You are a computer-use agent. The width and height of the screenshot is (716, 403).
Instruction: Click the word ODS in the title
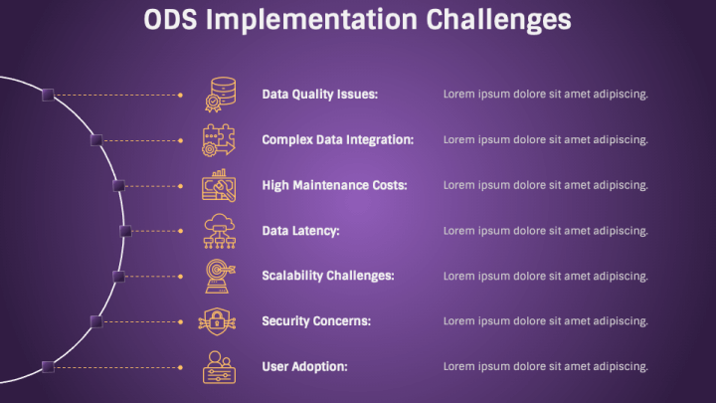click(x=170, y=20)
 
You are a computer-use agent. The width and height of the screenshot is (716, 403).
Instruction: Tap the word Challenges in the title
click(x=498, y=21)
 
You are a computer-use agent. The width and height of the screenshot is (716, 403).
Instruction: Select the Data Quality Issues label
click(x=319, y=95)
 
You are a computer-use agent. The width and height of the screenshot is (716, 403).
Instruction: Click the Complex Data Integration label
click(x=337, y=140)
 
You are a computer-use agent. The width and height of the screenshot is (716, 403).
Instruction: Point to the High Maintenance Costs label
click(x=334, y=185)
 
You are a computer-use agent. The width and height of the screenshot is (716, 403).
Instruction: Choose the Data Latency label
click(x=300, y=231)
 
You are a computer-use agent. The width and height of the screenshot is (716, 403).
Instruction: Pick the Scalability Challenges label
click(x=328, y=276)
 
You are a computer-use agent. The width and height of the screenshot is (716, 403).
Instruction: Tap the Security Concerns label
click(x=316, y=321)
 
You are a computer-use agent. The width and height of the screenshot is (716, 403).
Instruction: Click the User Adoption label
click(x=304, y=366)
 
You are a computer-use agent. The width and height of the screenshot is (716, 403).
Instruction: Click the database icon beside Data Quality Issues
click(x=220, y=95)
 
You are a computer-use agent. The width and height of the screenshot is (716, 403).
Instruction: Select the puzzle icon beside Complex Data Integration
click(x=219, y=140)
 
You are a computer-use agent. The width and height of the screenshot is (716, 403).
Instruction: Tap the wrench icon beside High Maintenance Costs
click(x=219, y=185)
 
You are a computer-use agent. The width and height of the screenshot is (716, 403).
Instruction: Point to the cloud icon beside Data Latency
click(x=220, y=231)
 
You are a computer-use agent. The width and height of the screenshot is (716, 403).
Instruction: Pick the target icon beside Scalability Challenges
click(x=220, y=276)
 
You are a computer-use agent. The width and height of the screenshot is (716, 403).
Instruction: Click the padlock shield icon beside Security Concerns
click(x=217, y=321)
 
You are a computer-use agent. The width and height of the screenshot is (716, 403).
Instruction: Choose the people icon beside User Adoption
click(x=219, y=367)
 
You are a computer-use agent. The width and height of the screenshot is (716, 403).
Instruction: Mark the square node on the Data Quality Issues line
click(x=48, y=96)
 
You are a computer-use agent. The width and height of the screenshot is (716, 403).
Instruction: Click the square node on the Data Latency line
click(x=125, y=231)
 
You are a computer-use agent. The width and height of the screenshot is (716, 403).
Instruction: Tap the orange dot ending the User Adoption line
click(x=180, y=367)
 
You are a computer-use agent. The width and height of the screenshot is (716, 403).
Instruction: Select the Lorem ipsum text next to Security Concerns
click(x=546, y=321)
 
